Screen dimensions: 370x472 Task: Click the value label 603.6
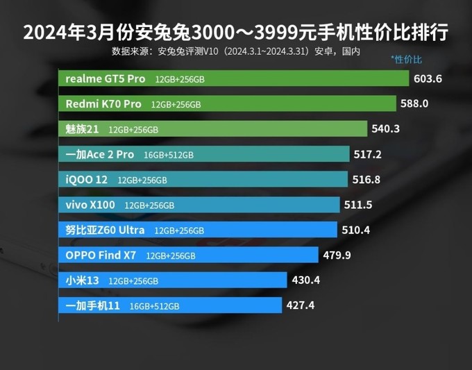point(428,78)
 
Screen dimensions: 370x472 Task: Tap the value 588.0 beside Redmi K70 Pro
point(414,103)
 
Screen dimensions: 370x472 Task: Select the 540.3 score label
point(386,128)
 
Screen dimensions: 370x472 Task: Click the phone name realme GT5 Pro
point(105,78)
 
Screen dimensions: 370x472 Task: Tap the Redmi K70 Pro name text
point(103,104)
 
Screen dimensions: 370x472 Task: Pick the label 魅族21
point(82,129)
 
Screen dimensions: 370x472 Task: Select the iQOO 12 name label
point(86,179)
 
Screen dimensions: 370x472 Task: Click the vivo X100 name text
point(90,205)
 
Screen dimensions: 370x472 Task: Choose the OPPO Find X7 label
point(101,255)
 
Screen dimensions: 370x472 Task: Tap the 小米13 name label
point(82,280)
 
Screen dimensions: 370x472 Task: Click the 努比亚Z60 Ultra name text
point(105,230)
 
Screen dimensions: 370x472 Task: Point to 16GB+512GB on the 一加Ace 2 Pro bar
point(169,155)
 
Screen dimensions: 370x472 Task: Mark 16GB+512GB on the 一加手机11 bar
point(154,305)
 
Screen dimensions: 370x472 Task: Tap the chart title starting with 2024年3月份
point(236,32)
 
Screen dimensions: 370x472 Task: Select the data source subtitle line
point(236,51)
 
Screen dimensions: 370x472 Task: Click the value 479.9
point(337,255)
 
